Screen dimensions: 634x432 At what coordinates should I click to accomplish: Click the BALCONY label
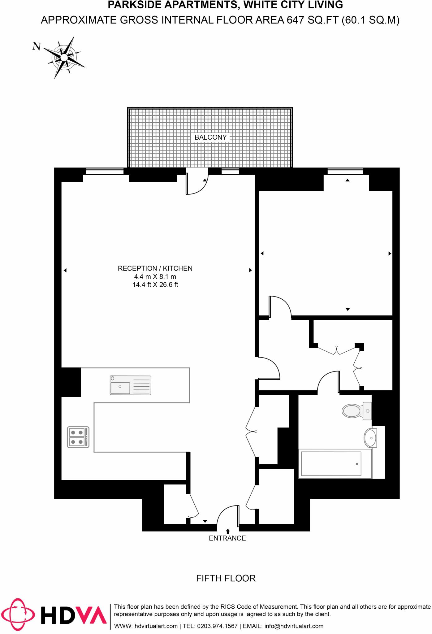point(210,137)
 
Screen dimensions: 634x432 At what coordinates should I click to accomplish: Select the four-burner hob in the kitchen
point(78,437)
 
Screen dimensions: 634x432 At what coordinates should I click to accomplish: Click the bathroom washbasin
point(370,438)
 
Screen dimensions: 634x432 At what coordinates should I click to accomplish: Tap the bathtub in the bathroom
point(331,464)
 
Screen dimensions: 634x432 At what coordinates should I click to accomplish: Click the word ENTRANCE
point(227,538)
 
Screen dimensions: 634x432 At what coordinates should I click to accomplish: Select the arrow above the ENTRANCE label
point(228,531)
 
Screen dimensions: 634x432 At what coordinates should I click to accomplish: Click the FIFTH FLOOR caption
point(226,578)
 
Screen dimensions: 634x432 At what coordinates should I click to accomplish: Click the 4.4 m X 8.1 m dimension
point(155,277)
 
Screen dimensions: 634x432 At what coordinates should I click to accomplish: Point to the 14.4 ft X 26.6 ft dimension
point(155,285)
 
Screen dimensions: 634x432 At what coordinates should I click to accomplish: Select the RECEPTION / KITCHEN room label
point(155,268)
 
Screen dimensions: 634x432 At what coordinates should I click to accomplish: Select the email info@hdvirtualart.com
point(294,626)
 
